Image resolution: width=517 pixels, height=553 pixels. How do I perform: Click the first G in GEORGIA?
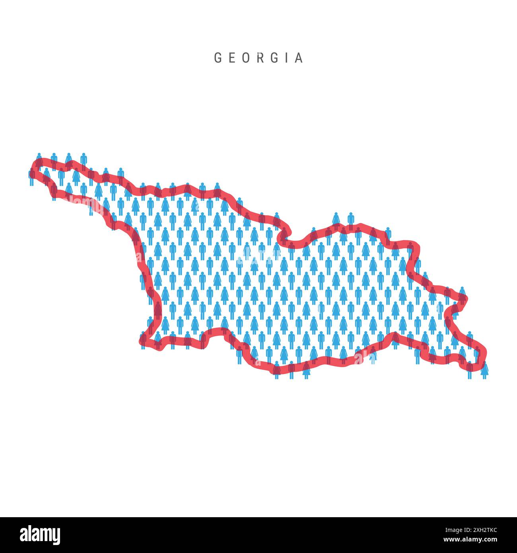coord(218,58)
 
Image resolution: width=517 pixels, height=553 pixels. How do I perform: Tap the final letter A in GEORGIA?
coord(299,58)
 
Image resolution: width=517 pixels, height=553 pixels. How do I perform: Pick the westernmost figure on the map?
coord(31,178)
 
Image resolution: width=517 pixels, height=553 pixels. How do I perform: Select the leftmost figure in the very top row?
coord(39,158)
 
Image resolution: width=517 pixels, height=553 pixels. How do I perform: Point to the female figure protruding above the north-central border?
coord(336,219)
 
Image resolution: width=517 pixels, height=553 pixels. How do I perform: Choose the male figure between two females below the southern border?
coord(292,370)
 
